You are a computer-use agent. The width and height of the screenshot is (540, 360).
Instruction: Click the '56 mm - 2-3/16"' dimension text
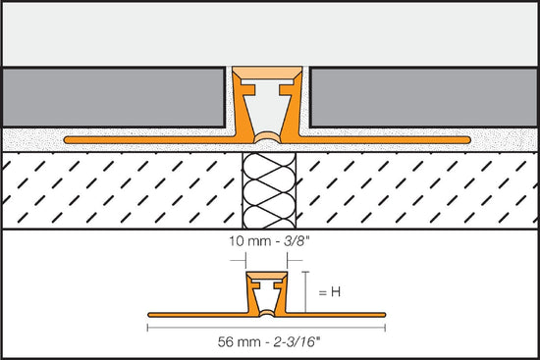click(269, 343)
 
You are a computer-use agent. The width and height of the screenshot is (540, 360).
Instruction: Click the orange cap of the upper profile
click(270, 74)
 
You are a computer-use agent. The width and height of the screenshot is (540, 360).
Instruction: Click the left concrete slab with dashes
click(118, 190)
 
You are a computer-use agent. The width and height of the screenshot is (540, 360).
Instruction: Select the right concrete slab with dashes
click(422, 190)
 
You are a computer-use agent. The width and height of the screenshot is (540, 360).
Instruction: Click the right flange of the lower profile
click(344, 314)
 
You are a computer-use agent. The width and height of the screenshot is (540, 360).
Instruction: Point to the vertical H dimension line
click(306, 291)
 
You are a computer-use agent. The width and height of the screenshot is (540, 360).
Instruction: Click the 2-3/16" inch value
click(305, 343)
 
